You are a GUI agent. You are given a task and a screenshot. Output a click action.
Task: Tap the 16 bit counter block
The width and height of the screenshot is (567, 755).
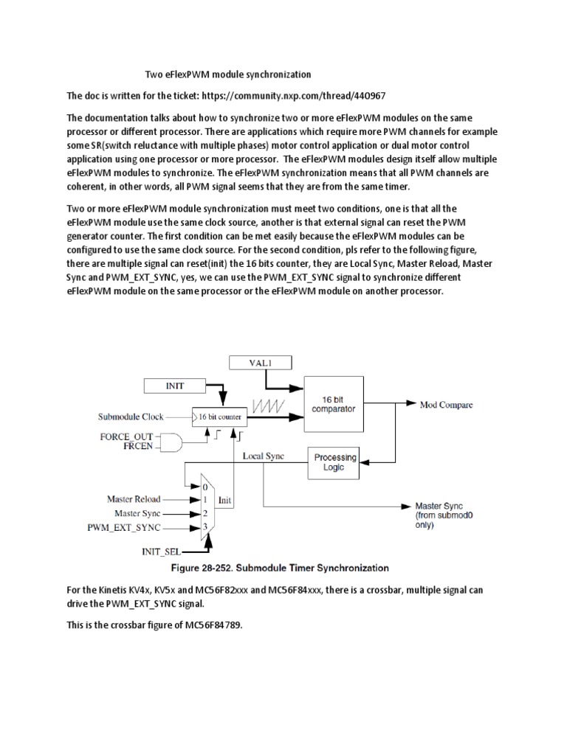pos(220,417)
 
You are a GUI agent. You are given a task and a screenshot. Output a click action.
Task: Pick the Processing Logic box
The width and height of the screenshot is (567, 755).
pos(334,462)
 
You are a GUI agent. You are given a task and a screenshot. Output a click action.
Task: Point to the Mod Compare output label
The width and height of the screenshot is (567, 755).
pos(446,405)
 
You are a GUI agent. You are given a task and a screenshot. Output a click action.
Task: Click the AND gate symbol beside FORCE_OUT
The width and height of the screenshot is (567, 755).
pos(173,442)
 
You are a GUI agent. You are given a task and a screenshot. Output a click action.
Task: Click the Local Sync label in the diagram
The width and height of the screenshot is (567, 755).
pos(264,457)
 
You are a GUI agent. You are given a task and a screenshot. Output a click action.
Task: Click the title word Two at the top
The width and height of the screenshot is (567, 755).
pos(153,74)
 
